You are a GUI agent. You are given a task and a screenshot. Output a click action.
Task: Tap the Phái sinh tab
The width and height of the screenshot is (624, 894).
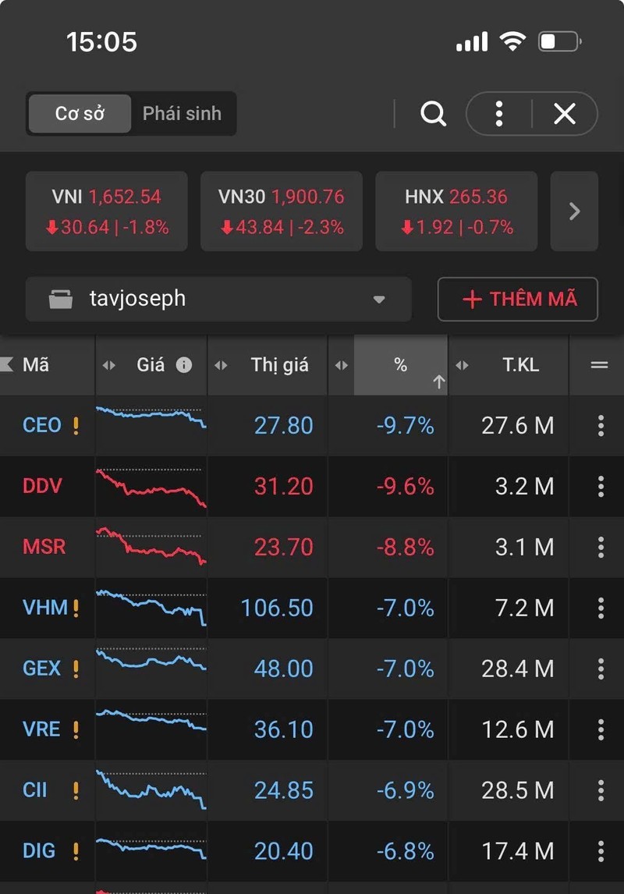pyautogui.click(x=182, y=114)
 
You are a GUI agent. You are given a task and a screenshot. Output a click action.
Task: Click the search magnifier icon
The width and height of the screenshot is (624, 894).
pyautogui.click(x=433, y=114)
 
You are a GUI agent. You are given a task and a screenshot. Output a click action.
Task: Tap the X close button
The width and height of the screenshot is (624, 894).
pyautogui.click(x=564, y=114)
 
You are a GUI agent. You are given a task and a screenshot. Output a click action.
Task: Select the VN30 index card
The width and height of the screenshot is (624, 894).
pyautogui.click(x=281, y=211)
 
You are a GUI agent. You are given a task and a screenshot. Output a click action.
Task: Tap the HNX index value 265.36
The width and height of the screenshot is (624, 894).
pyautogui.click(x=478, y=197)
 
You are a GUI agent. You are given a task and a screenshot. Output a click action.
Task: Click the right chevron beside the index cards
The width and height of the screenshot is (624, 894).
pyautogui.click(x=574, y=211)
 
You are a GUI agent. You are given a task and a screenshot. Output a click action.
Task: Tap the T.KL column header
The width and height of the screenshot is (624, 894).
pyautogui.click(x=520, y=365)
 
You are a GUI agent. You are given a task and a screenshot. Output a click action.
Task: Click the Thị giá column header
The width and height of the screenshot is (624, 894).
pyautogui.click(x=279, y=365)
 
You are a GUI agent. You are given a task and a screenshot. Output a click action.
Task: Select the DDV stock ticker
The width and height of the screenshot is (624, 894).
pyautogui.click(x=42, y=486)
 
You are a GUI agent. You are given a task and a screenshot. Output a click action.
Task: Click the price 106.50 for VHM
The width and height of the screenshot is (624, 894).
pyautogui.click(x=277, y=608)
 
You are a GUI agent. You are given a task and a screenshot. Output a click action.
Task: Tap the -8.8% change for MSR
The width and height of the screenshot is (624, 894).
pyautogui.click(x=405, y=547)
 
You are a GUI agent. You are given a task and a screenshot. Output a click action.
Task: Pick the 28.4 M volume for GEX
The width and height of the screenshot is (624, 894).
pyautogui.click(x=517, y=669)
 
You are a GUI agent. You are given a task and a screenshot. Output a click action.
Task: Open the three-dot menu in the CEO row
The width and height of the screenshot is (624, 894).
pyautogui.click(x=601, y=425)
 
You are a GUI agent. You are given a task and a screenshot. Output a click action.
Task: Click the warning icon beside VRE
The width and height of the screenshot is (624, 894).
pyautogui.click(x=76, y=730)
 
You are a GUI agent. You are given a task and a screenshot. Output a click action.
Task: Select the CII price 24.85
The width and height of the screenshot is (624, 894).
pyautogui.click(x=283, y=790)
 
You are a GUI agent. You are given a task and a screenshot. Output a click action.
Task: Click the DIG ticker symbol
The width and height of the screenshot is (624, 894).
pyautogui.click(x=39, y=851)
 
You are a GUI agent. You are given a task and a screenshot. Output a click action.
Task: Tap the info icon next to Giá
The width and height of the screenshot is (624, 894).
pyautogui.click(x=184, y=365)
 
